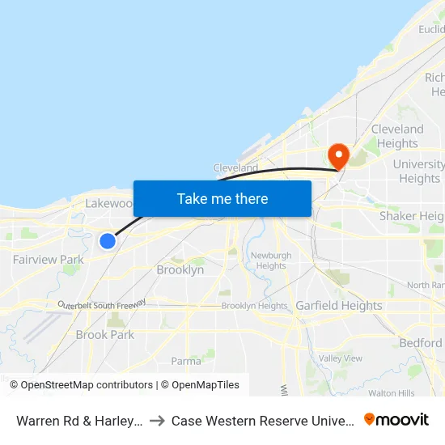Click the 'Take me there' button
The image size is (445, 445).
222,198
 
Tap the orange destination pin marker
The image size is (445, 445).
337,155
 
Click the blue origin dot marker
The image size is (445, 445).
107,240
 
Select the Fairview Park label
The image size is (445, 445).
49,260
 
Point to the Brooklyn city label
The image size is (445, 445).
180,270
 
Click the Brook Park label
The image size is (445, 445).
105,334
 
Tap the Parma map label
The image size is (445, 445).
186,361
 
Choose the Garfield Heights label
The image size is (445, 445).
338,306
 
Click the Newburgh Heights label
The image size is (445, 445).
271,261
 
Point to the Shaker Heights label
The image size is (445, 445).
412,216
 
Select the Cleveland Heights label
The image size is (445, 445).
397,136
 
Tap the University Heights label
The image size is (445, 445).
419,171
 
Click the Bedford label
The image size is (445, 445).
421,343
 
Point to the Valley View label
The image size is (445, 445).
341,358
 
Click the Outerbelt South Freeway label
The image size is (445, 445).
101,304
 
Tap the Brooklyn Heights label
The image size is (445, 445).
254,306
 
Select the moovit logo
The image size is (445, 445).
396,420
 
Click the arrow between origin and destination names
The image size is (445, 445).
157,421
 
